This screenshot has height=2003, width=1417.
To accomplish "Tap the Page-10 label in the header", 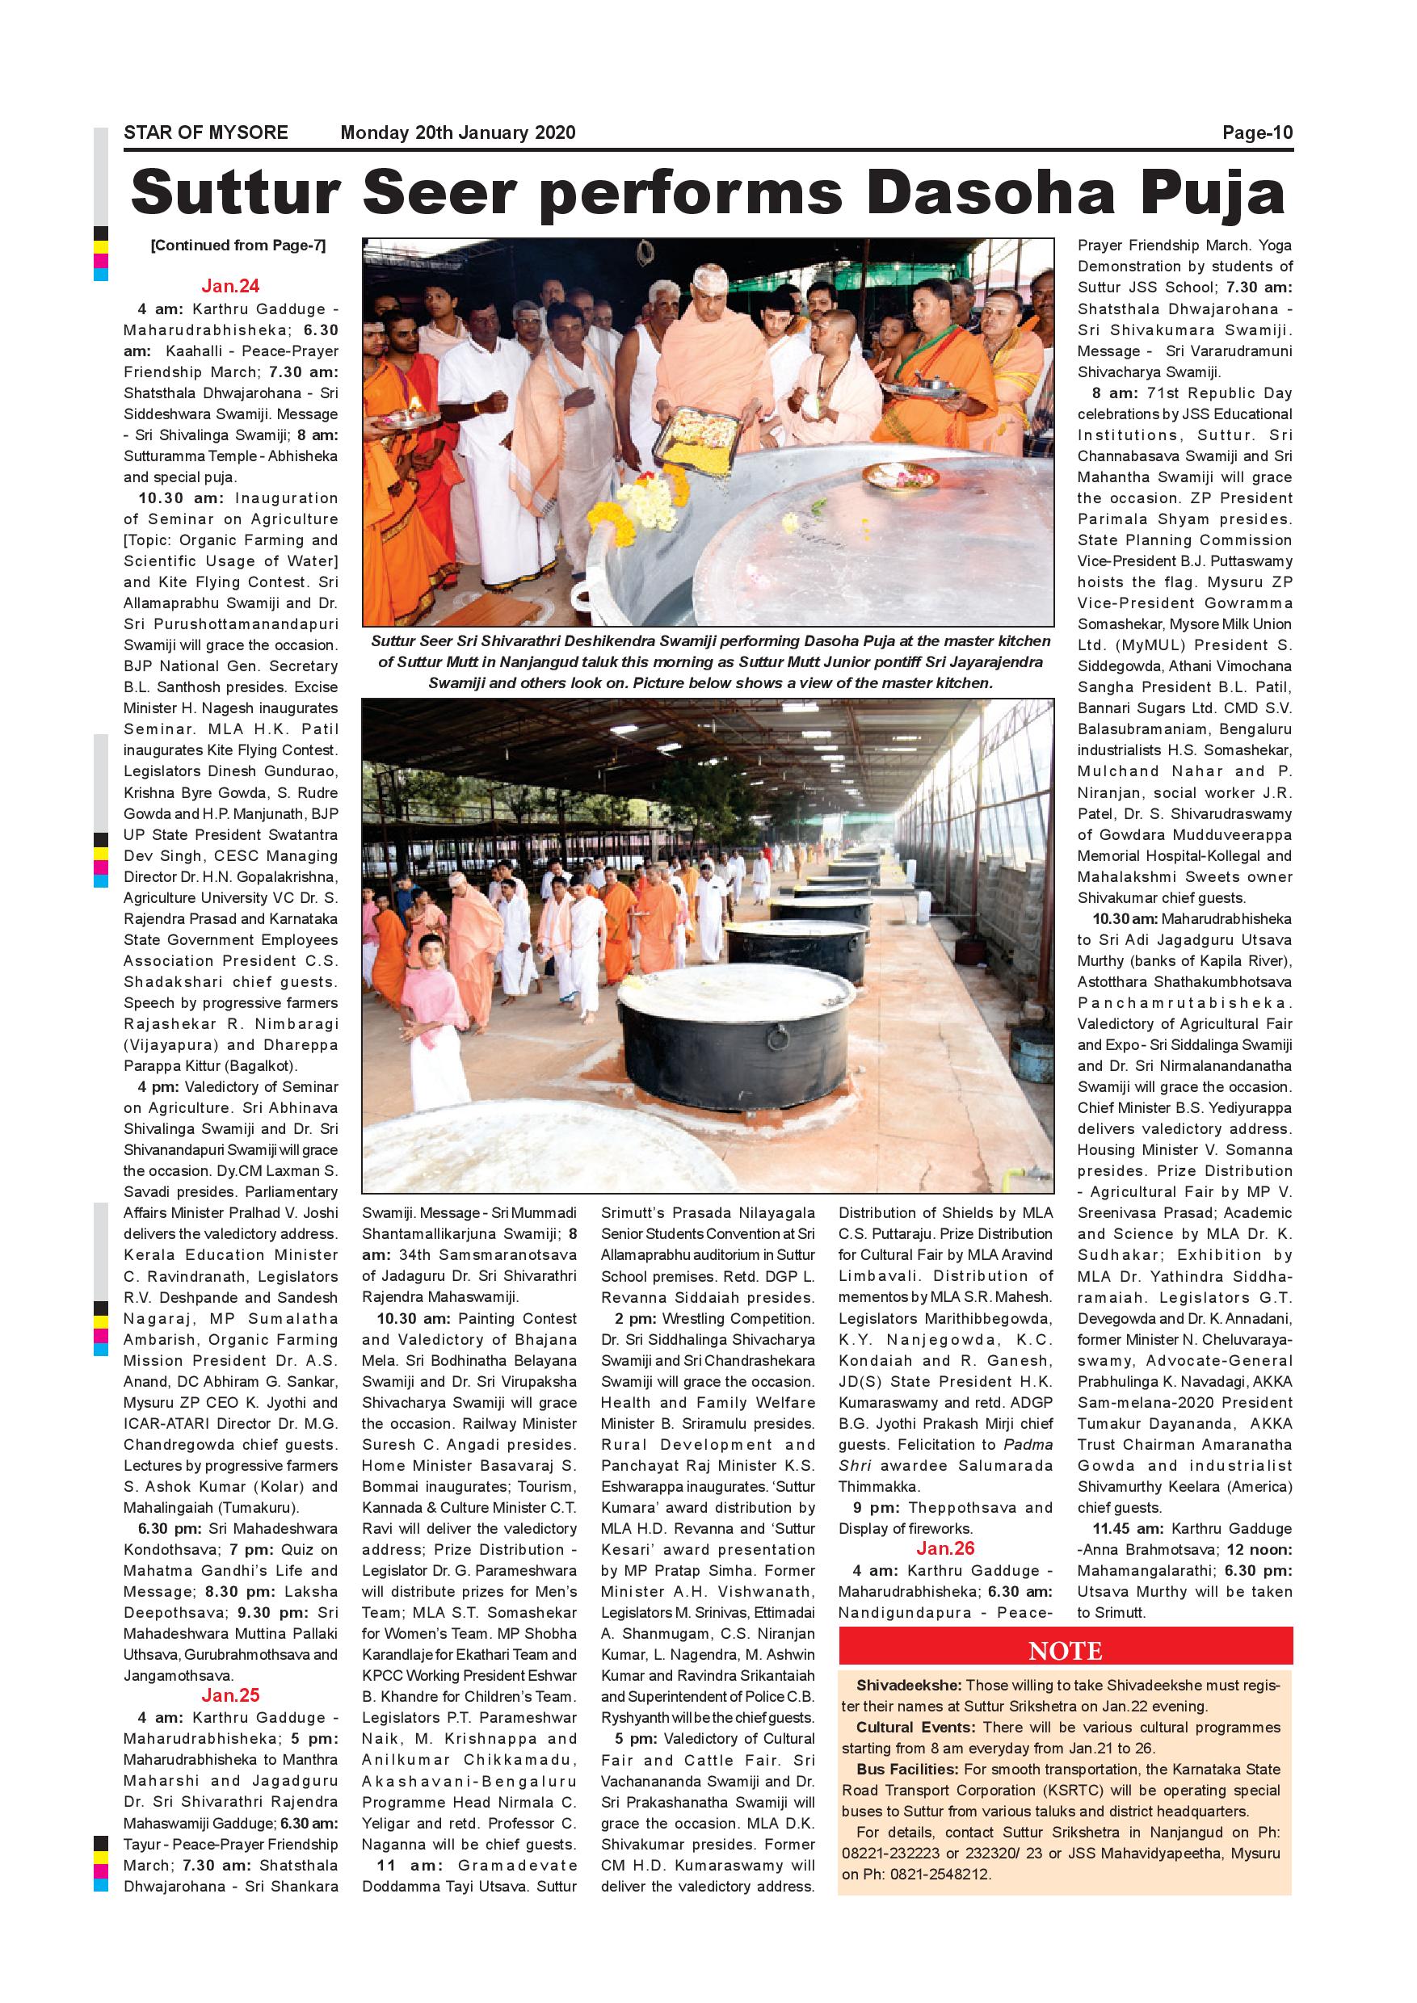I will point(1256,132).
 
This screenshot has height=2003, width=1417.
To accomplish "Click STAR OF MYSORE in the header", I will point(206,132).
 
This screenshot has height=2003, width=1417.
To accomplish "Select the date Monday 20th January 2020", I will point(458,132).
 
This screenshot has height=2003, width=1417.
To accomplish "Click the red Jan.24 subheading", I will point(230,286).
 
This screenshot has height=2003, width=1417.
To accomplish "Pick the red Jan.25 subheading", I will point(230,1695).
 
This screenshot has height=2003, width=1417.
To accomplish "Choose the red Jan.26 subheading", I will point(945,1548).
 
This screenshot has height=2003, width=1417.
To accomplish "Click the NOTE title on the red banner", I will point(1066,1651).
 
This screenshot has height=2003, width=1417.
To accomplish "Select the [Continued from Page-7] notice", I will point(238,246).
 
